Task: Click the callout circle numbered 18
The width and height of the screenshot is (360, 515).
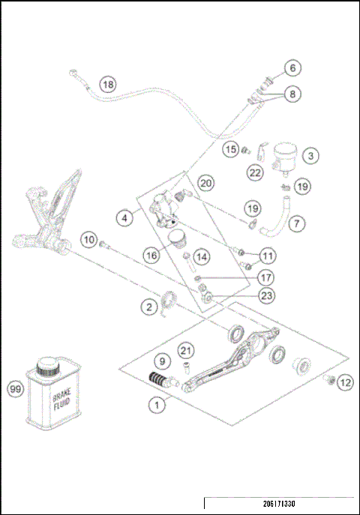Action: tap(109, 85)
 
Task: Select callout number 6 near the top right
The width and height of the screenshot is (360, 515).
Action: tap(293, 68)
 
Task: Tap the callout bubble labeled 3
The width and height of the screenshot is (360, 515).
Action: tap(310, 156)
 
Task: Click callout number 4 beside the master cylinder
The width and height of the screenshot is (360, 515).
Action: tap(125, 219)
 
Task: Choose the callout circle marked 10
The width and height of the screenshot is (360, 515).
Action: tap(89, 240)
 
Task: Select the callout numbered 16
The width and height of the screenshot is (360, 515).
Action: tap(152, 255)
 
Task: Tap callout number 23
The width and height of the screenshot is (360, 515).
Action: tap(266, 295)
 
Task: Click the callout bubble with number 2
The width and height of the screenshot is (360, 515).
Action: tap(150, 306)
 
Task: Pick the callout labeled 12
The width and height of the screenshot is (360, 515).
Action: tap(344, 382)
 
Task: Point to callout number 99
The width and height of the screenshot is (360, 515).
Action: tap(15, 389)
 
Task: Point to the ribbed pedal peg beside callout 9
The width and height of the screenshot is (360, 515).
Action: tap(160, 380)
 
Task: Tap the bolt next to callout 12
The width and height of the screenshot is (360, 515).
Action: tap(328, 381)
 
